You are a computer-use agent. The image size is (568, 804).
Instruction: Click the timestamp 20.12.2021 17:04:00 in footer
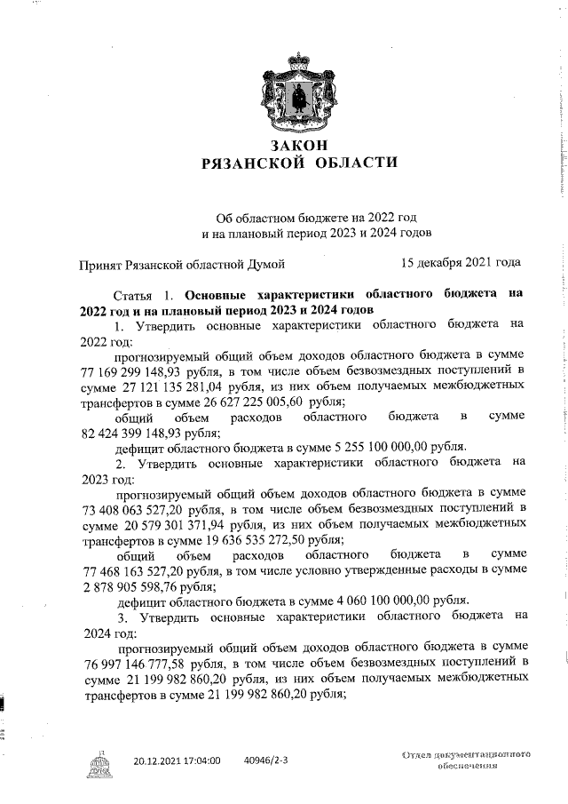(x=177, y=761)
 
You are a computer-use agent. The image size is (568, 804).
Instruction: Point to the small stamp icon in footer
(x=96, y=763)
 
